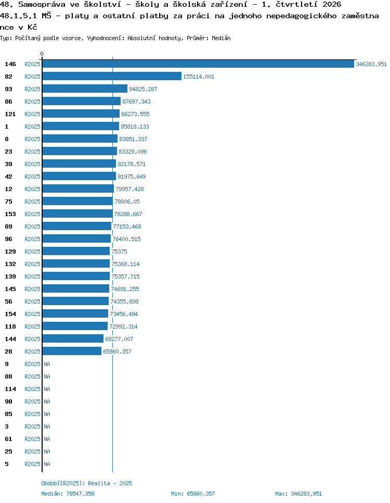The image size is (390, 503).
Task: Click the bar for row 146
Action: click(x=198, y=64)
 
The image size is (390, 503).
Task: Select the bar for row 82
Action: click(x=112, y=77)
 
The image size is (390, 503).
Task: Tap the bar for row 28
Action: click(x=72, y=351)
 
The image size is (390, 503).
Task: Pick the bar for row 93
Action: click(x=85, y=89)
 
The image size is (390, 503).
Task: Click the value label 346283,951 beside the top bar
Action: click(x=371, y=64)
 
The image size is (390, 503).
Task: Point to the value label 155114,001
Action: click(x=199, y=77)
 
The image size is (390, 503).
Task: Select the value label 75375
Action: click(x=119, y=251)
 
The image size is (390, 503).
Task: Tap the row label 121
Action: click(x=10, y=114)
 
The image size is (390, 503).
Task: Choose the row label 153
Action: click(x=10, y=214)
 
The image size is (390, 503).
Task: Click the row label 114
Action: click(x=10, y=389)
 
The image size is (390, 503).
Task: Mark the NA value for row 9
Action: click(x=47, y=364)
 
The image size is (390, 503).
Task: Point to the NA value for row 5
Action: click(x=47, y=464)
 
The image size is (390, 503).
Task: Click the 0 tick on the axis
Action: click(x=42, y=54)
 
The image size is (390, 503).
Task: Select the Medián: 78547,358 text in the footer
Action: click(x=68, y=494)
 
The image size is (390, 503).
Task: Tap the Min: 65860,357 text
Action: click(x=193, y=494)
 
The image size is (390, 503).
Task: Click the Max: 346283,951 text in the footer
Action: click(x=298, y=494)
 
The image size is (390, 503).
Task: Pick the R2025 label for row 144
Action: click(x=32, y=339)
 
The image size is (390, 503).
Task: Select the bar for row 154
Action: click(x=75, y=314)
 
